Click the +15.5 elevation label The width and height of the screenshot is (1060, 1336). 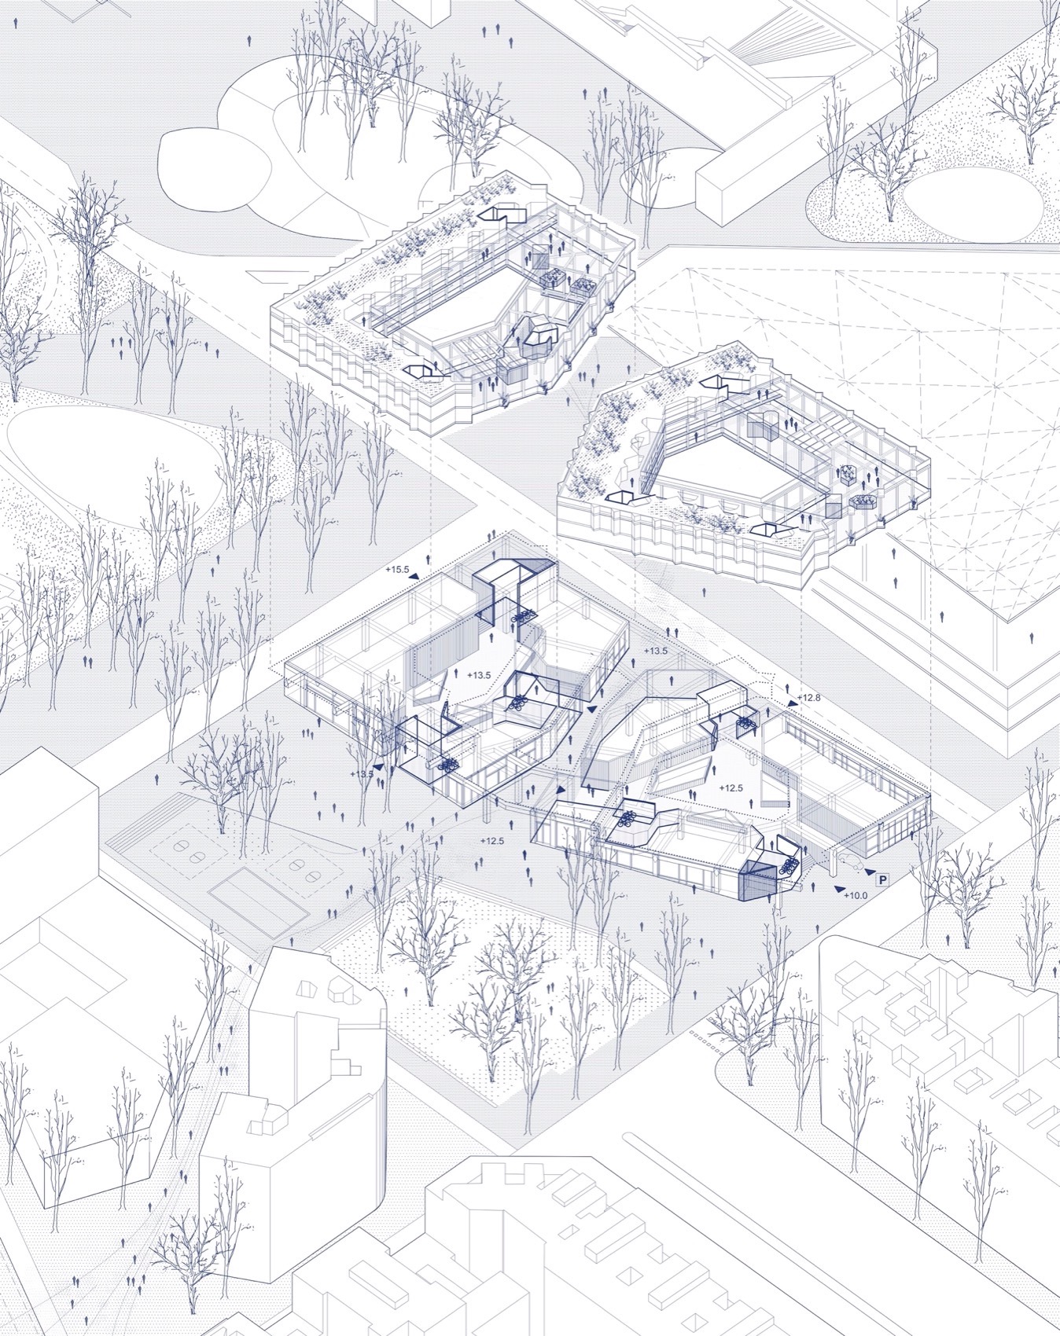(398, 570)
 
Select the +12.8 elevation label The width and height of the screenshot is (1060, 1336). (810, 698)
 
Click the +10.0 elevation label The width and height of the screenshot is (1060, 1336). (856, 895)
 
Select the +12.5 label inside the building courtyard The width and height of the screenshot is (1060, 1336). (731, 787)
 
